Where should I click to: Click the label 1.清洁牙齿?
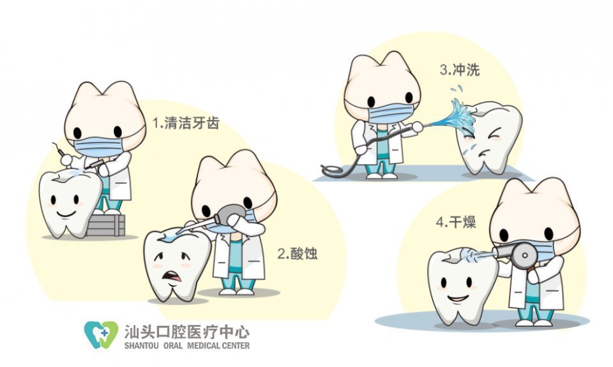186,123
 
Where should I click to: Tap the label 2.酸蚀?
297,253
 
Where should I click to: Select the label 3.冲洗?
459,70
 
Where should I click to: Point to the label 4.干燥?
456,222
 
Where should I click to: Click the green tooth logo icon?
101,334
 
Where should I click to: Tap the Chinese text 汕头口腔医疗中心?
187,332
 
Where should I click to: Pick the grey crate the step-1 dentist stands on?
105,225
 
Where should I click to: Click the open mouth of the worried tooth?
172,276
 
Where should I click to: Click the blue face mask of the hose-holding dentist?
391,112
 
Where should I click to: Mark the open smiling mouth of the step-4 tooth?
458,299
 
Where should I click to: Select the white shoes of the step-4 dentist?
534,322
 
